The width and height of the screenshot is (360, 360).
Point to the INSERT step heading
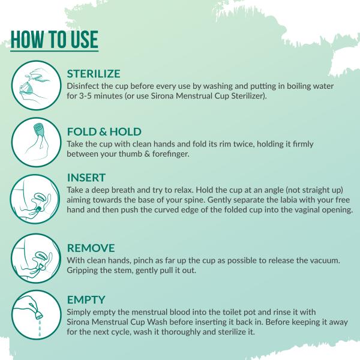coord(86,178)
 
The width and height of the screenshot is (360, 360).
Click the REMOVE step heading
coord(91,247)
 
